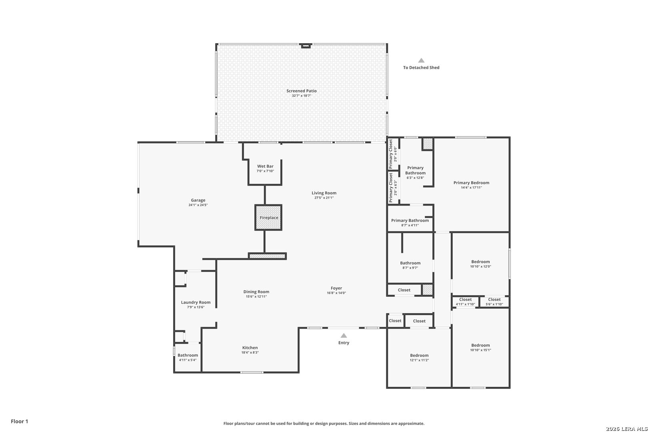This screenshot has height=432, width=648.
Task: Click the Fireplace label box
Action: (268, 218)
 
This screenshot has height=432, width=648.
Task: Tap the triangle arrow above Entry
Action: (344, 335)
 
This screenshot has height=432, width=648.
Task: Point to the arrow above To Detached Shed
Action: (421, 60)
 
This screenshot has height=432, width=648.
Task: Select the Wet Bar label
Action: (265, 166)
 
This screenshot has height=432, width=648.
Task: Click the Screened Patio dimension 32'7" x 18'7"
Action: (302, 96)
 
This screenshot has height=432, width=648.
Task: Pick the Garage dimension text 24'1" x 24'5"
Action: (198, 205)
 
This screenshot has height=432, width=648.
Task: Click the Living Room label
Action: (324, 193)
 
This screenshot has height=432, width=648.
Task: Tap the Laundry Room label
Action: (196, 302)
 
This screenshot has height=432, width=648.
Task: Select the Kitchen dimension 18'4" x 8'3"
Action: (250, 352)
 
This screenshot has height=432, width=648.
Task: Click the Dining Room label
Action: (256, 292)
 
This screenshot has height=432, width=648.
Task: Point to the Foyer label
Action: (336, 288)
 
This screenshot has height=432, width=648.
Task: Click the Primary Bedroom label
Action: (472, 182)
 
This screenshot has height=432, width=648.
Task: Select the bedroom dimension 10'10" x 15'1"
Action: (480, 350)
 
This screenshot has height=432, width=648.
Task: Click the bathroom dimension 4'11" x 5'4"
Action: (188, 360)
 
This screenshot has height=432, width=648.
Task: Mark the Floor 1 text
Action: (19, 421)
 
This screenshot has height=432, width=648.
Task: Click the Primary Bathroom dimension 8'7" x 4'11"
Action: (410, 226)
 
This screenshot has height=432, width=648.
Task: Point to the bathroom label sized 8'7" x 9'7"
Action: (410, 263)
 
